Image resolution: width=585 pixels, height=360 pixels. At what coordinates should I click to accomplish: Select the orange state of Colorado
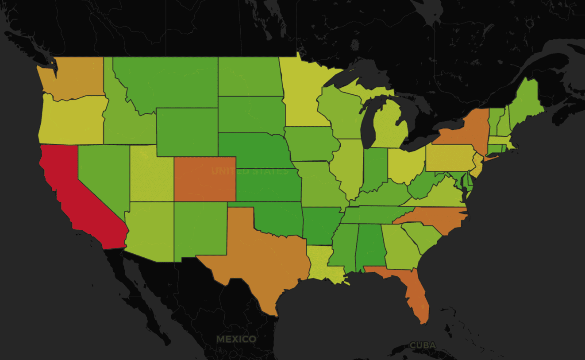[204, 179]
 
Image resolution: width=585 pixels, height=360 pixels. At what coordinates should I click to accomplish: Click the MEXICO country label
[236, 339]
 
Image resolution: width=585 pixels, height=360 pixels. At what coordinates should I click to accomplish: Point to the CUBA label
[423, 345]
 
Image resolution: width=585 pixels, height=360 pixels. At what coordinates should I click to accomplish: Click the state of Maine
[524, 102]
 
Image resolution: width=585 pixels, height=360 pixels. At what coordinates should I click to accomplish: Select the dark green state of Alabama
[369, 246]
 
